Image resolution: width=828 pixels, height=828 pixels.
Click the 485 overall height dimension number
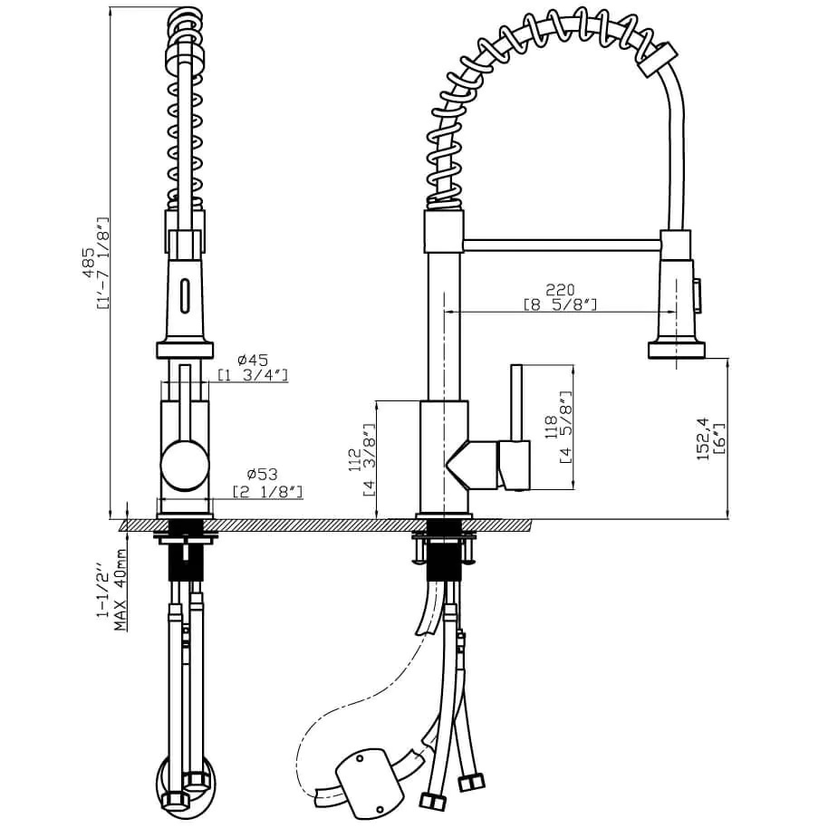point(90,263)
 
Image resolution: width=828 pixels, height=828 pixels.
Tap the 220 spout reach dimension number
point(560,290)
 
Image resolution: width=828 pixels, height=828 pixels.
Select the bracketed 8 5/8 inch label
point(560,305)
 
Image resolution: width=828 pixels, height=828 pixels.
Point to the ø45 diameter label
point(253,361)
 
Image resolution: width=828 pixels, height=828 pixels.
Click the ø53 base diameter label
point(262,474)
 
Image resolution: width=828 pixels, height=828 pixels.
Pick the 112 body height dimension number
point(354,459)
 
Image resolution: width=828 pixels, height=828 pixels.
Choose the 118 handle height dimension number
point(551,428)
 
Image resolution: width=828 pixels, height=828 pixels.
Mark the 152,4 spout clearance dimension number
point(703,438)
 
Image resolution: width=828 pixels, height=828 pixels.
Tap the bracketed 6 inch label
point(719,438)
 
